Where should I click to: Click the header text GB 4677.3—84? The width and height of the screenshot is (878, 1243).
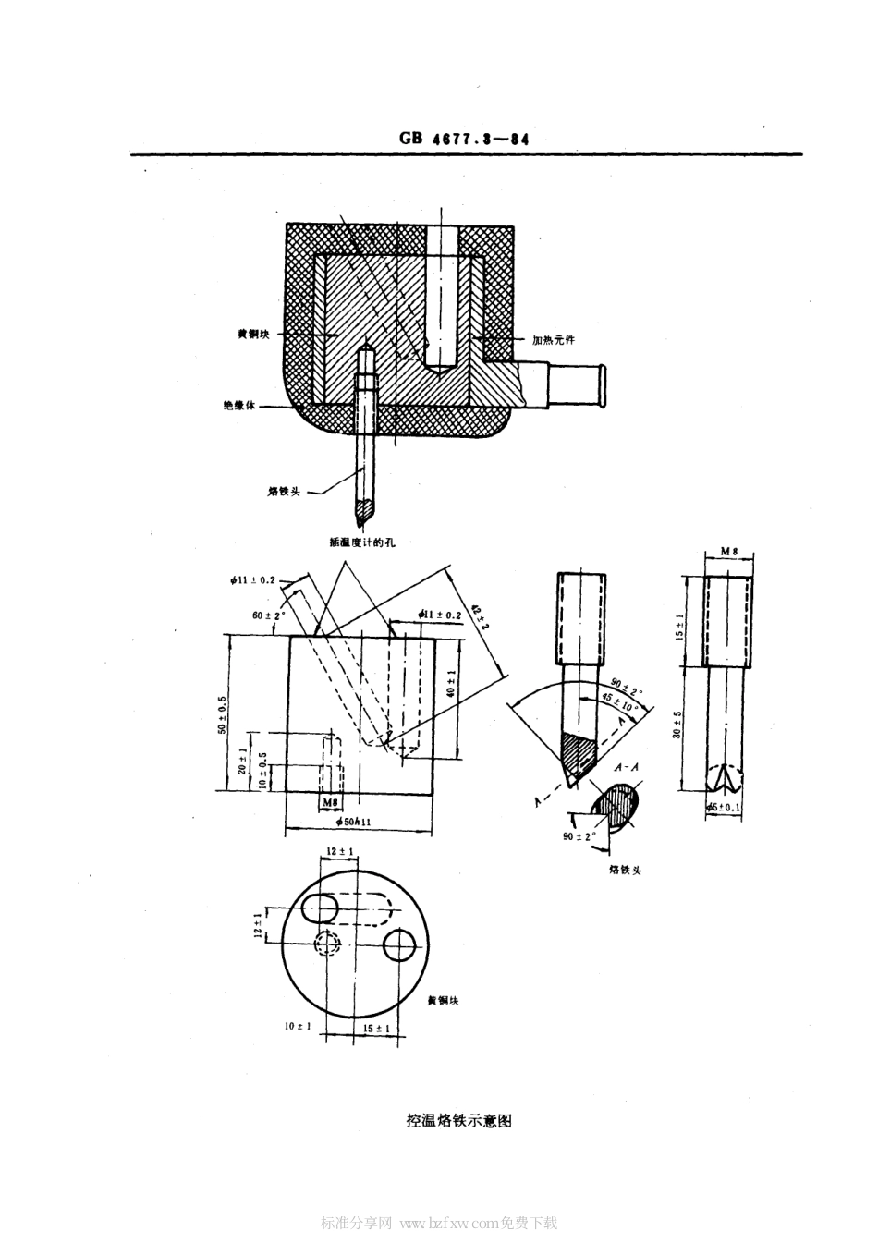pos(464,140)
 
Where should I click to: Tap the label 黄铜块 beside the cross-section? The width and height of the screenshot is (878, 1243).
pos(253,335)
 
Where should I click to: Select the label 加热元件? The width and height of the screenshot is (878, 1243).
pos(553,339)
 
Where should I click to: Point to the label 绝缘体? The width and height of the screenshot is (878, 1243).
pos(239,405)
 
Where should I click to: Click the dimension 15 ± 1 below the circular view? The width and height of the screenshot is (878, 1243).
pos(376,1028)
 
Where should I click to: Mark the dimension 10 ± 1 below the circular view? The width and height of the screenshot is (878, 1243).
pos(298,1026)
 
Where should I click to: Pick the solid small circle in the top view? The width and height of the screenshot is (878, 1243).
pos(400,944)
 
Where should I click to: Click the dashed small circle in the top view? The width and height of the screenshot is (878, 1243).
pos(327,943)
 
